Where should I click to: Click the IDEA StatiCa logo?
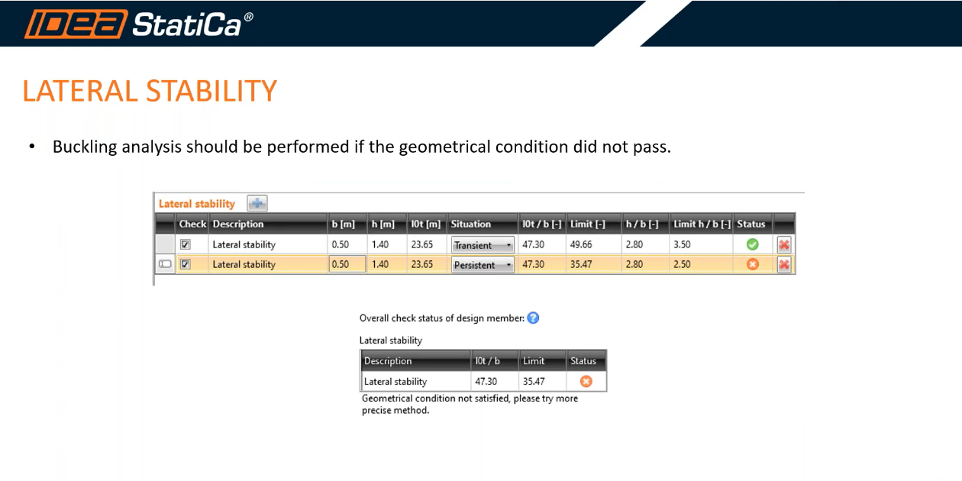[x=138, y=24]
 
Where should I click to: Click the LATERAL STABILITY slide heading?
[x=150, y=91]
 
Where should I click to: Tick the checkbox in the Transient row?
[x=185, y=245]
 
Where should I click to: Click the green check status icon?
[x=752, y=245]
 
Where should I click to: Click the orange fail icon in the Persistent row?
[x=752, y=265]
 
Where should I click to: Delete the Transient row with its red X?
[x=784, y=245]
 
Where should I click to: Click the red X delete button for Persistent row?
[x=784, y=265]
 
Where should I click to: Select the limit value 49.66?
[x=582, y=245]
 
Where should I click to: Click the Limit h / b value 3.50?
[x=681, y=245]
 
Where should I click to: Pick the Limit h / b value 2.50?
[x=681, y=265]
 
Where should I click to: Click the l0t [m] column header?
[x=425, y=224]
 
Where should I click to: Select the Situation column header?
[x=471, y=224]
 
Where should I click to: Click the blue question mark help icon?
[x=533, y=318]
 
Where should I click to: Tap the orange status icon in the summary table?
[x=586, y=382]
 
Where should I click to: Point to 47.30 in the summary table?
[x=486, y=382]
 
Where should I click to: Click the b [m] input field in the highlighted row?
[x=347, y=265]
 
